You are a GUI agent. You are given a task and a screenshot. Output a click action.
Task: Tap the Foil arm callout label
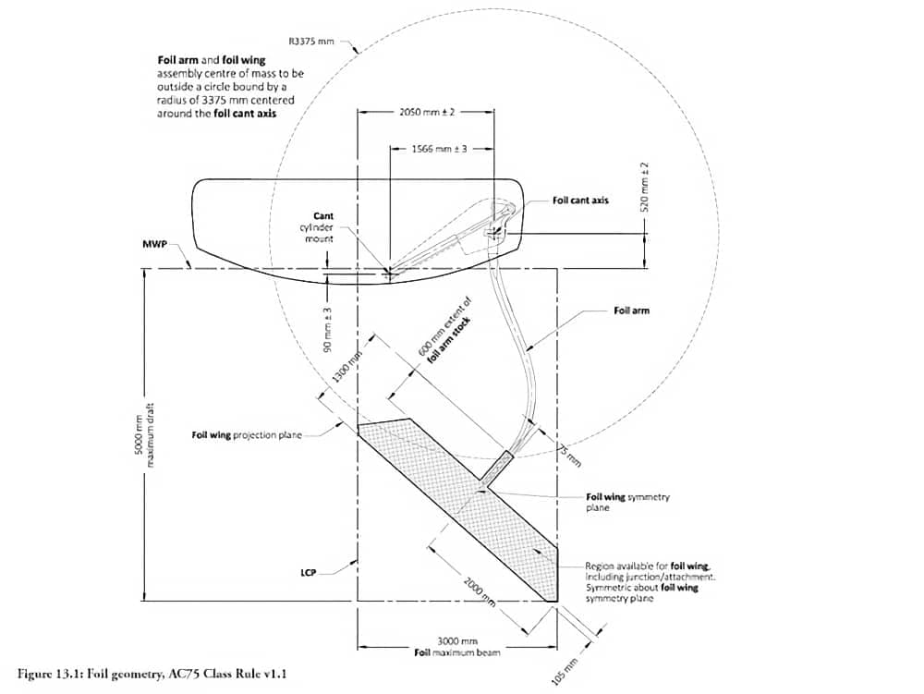pos(631,310)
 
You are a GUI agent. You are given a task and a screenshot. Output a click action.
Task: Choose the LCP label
pos(308,572)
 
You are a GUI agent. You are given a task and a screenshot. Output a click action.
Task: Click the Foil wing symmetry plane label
pos(628,502)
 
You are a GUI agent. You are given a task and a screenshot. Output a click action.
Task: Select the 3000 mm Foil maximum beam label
pos(456,647)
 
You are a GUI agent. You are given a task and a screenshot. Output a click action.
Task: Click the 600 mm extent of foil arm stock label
pos(445,330)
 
